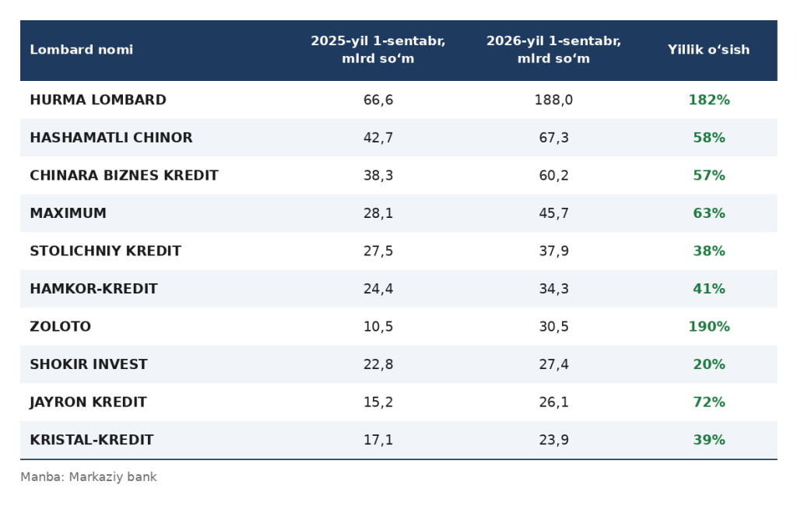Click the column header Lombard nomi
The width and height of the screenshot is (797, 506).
pyautogui.click(x=81, y=50)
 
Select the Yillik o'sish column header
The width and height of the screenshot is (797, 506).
pyautogui.click(x=708, y=50)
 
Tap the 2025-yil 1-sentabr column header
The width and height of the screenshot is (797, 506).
pyautogui.click(x=378, y=50)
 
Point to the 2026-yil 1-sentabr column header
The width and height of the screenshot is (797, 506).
pyautogui.click(x=553, y=50)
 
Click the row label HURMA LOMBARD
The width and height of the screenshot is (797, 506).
pyautogui.click(x=98, y=100)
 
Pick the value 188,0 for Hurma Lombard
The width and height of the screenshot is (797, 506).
pyautogui.click(x=553, y=100)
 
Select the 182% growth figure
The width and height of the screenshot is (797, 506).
pyautogui.click(x=709, y=100)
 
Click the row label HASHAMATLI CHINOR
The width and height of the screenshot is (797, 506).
pyautogui.click(x=111, y=138)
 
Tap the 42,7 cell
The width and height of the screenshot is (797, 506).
pyautogui.click(x=378, y=138)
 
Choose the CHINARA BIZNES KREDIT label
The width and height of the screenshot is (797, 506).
pyautogui.click(x=124, y=175)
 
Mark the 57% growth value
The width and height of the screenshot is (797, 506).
pyautogui.click(x=709, y=175)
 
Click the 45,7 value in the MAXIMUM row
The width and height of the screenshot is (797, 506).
pyautogui.click(x=553, y=213)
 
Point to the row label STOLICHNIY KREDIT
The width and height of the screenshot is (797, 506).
pyautogui.click(x=106, y=251)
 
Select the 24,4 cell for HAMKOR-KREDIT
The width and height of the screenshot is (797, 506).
pyautogui.click(x=378, y=289)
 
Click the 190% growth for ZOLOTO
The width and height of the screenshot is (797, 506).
pyautogui.click(x=709, y=326)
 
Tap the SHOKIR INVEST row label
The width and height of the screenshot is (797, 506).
pyautogui.click(x=89, y=364)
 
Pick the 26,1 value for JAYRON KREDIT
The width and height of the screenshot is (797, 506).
pyautogui.click(x=553, y=402)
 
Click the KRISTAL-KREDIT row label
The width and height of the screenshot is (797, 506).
pyautogui.click(x=92, y=440)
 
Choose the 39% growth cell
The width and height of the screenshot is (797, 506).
pyautogui.click(x=709, y=440)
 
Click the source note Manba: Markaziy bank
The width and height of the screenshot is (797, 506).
pyautogui.click(x=89, y=477)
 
